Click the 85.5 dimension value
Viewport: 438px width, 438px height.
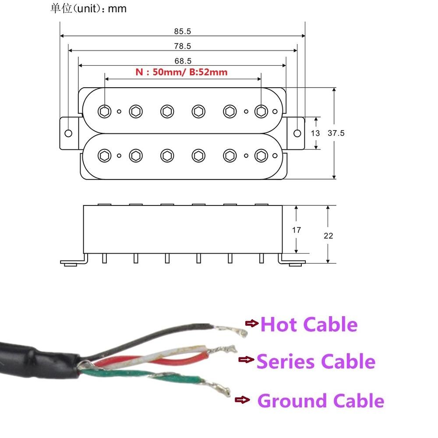click(183, 32)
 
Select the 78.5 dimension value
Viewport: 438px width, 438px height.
click(183, 46)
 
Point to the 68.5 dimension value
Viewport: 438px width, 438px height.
click(183, 61)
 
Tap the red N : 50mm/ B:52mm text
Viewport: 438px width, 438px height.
click(181, 72)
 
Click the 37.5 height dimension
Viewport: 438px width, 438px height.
click(336, 133)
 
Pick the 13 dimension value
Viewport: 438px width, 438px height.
click(315, 133)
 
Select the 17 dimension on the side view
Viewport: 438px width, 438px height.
click(296, 230)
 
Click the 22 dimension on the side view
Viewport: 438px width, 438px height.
click(328, 236)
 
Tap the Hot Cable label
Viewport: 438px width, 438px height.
click(309, 325)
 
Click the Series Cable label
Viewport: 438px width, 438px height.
click(316, 362)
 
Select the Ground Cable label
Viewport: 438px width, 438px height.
click(321, 401)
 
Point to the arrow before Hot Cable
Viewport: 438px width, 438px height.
click(252, 323)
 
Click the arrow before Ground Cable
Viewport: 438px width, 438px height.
click(242, 399)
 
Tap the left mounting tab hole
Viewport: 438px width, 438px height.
click(68, 133)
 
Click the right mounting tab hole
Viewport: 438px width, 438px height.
click(297, 133)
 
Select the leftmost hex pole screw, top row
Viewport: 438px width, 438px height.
click(104, 111)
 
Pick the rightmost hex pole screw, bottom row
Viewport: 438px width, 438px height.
click(261, 155)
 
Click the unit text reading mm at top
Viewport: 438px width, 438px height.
click(117, 9)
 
